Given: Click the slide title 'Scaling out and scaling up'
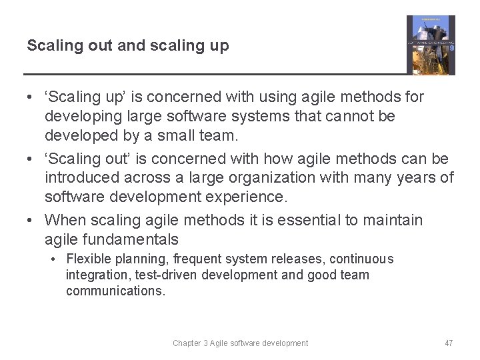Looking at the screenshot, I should (127, 46).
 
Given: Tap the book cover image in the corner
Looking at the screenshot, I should (431, 45).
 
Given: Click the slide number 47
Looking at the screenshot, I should (449, 343).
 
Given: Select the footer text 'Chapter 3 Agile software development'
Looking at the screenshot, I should (240, 343).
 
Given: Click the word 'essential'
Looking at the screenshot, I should (313, 220).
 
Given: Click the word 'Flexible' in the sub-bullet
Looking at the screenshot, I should (87, 259).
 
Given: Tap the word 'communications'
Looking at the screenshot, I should (114, 291).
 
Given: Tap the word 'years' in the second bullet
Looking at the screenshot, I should (415, 178).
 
